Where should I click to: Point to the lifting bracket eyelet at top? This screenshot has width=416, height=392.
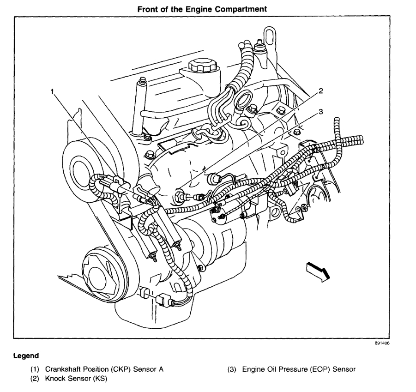(269, 35)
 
